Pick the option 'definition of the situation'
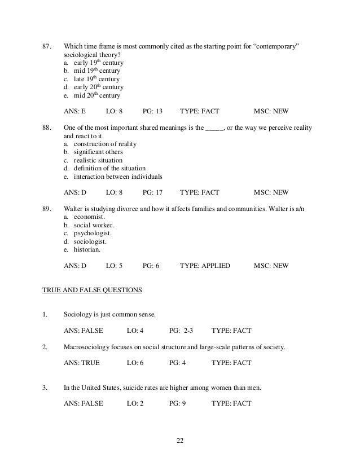click(109, 168)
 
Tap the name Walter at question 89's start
click(76, 209)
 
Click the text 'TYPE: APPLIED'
click(205, 265)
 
